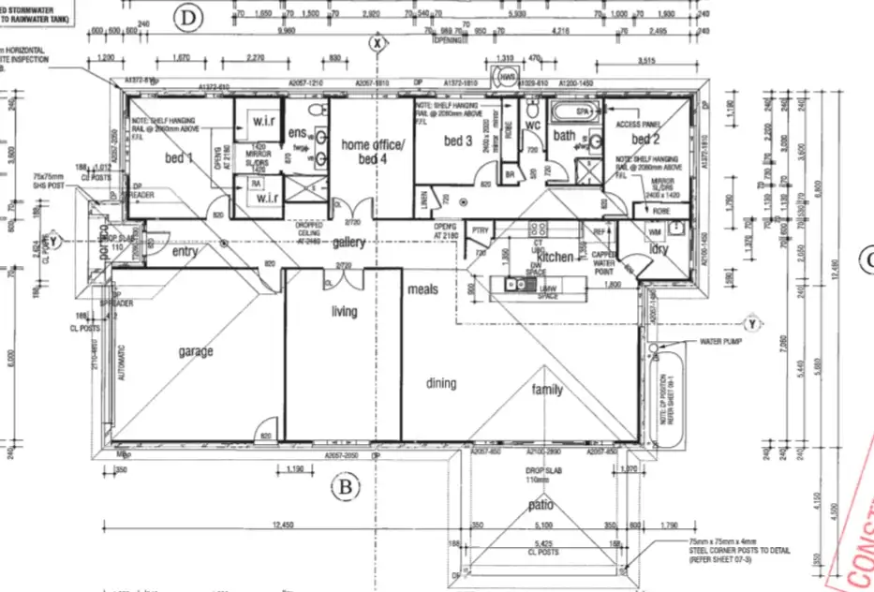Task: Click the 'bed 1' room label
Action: click(179, 158)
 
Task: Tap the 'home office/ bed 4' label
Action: click(372, 152)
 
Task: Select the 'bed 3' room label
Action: click(458, 141)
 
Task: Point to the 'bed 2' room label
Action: click(645, 139)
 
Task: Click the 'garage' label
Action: click(196, 352)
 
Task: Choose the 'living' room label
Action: click(345, 311)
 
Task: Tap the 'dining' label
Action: click(441, 383)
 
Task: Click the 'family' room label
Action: click(548, 390)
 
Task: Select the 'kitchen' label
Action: click(555, 257)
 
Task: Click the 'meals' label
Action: click(423, 289)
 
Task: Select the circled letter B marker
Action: click(346, 487)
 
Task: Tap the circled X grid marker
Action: click(377, 42)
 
